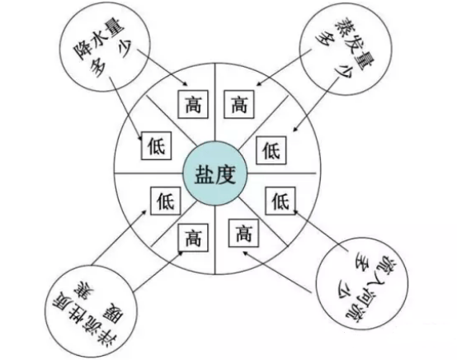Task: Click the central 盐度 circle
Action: pyautogui.click(x=214, y=174)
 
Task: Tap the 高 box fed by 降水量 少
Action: pyautogui.click(x=193, y=104)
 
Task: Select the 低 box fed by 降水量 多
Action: pyautogui.click(x=156, y=145)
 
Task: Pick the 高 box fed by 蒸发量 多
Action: pyautogui.click(x=238, y=104)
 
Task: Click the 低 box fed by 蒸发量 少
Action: pyautogui.click(x=271, y=150)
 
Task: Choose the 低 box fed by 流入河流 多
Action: pyautogui.click(x=280, y=201)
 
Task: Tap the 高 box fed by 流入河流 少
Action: pyautogui.click(x=243, y=233)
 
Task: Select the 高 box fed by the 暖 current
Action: pyautogui.click(x=193, y=237)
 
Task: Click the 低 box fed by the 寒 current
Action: pyautogui.click(x=165, y=201)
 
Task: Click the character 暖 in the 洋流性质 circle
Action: pyautogui.click(x=116, y=315)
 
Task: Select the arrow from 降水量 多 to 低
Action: pyautogui.click(x=126, y=109)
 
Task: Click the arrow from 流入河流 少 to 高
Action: pyautogui.click(x=277, y=272)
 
